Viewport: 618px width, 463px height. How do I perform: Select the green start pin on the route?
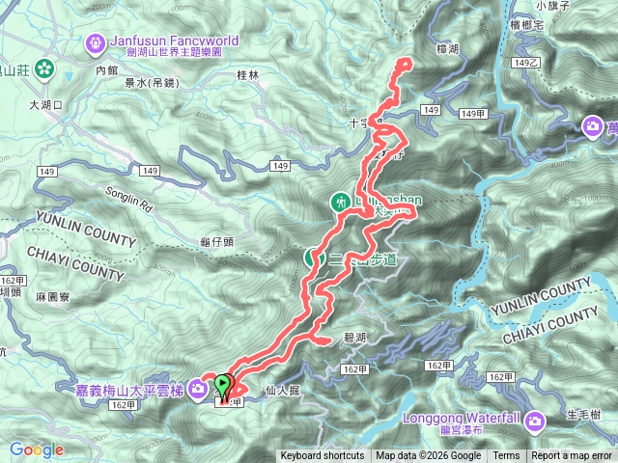tap(224, 385)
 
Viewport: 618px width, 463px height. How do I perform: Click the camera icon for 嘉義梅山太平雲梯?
tap(197, 388)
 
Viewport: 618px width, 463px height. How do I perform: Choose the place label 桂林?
tap(248, 74)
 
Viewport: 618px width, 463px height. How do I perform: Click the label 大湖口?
tap(45, 103)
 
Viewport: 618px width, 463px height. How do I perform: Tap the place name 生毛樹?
tap(584, 415)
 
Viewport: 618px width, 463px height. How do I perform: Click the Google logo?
tap(36, 449)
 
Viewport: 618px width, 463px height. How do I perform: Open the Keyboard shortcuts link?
tap(323, 456)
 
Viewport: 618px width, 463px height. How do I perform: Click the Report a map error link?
tap(572, 456)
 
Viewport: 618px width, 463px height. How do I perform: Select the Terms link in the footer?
tap(506, 456)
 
